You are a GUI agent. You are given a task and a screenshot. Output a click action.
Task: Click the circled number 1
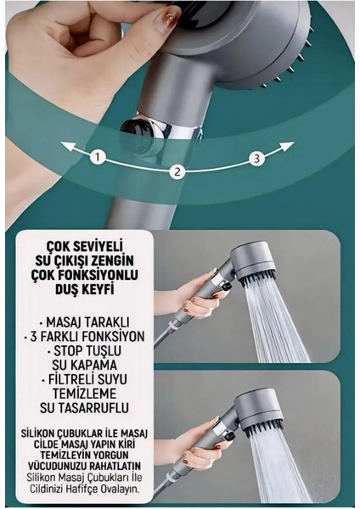click(98, 157)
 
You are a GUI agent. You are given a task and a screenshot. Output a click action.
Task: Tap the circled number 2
click(177, 171)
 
